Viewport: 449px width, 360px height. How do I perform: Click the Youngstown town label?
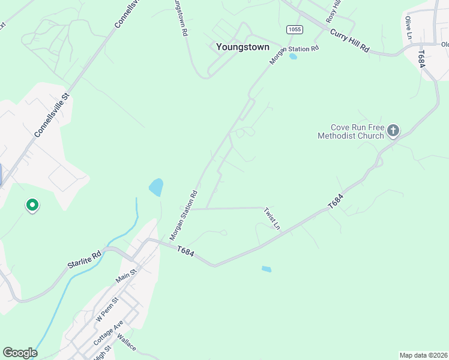point(243,47)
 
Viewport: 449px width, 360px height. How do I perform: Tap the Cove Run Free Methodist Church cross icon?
point(393,131)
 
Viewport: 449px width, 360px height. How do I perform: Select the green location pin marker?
point(32,206)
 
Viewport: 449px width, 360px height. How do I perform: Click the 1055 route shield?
point(294,29)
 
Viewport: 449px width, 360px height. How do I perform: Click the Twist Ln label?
point(272,218)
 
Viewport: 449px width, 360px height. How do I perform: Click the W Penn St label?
point(107,309)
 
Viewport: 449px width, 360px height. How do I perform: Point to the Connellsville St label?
point(52,115)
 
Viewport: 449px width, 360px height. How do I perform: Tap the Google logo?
point(20,353)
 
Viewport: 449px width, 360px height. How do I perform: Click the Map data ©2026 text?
point(423,355)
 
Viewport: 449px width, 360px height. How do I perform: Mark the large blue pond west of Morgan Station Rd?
point(156,187)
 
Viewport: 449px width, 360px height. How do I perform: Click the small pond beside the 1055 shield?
point(293,57)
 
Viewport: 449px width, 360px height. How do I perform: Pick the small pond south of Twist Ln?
point(267,269)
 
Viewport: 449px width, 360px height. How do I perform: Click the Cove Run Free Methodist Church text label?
point(351,131)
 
